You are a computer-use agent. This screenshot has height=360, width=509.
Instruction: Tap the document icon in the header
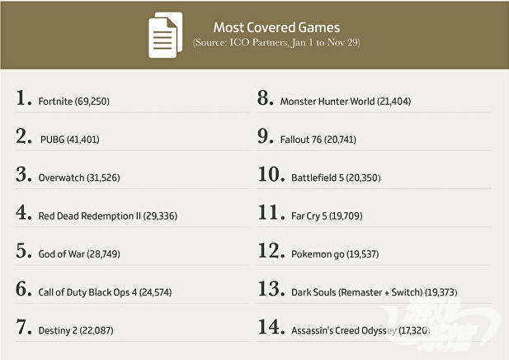coord(165,36)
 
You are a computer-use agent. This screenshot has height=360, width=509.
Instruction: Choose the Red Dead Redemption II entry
coord(107,216)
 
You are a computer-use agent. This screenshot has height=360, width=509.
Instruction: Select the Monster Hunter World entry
coord(345,102)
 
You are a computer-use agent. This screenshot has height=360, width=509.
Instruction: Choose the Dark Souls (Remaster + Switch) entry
coord(374,292)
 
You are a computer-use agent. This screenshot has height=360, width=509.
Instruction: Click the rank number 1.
coord(23,99)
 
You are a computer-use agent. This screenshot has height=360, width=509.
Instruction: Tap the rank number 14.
coord(270,328)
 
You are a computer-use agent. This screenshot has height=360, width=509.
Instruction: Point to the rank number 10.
coord(271,176)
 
